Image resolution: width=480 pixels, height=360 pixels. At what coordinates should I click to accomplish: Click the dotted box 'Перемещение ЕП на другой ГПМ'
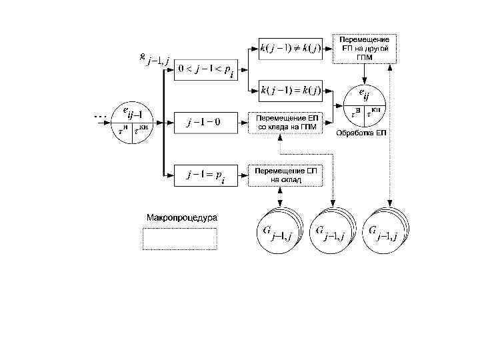click(x=365, y=49)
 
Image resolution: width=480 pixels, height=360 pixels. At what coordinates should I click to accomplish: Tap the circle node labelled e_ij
click(x=363, y=103)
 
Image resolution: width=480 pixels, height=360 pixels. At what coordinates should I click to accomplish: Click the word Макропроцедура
click(x=182, y=218)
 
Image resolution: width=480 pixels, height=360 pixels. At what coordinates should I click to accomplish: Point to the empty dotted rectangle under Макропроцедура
click(x=180, y=239)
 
